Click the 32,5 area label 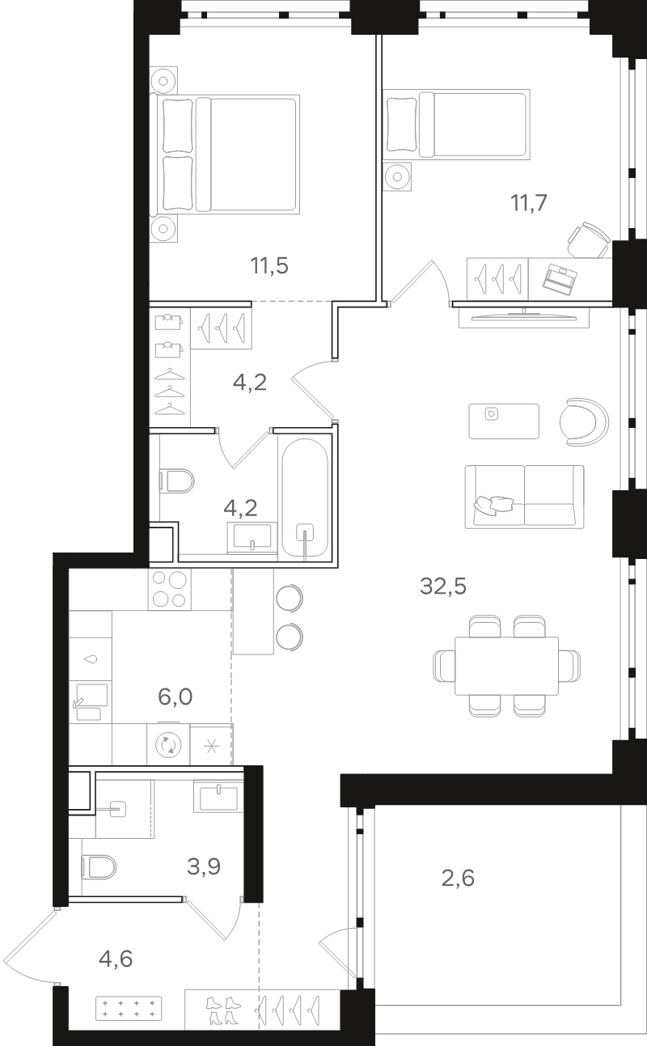[x=443, y=586]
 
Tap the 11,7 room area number [x=528, y=203]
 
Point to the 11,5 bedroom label [x=269, y=266]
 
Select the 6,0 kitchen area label [x=175, y=697]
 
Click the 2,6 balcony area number [x=458, y=879]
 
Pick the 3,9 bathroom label [x=204, y=866]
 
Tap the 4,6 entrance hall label [x=116, y=959]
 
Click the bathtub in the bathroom [x=304, y=498]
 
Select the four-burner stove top [x=170, y=590]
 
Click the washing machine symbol [x=168, y=744]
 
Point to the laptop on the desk [x=560, y=280]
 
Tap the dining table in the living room [x=507, y=666]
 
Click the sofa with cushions [x=524, y=497]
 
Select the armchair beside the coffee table [x=584, y=422]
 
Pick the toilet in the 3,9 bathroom [x=99, y=867]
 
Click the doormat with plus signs [x=129, y=1008]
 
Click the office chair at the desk [x=589, y=240]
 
